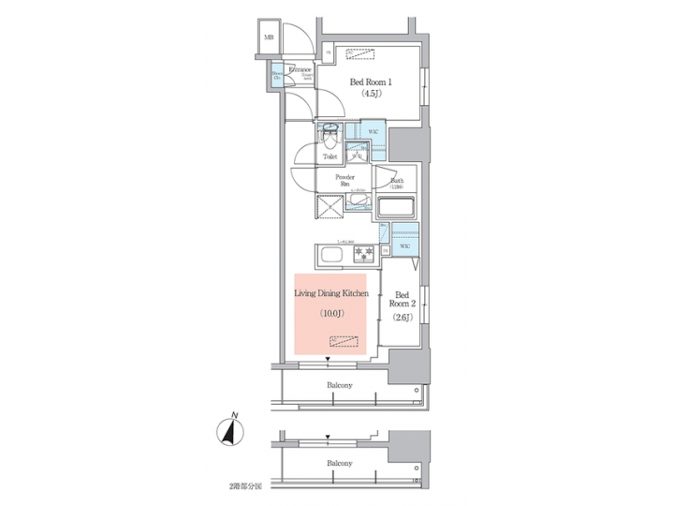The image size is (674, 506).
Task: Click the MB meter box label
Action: coord(269,38)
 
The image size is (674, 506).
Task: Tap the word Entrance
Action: coord(300,70)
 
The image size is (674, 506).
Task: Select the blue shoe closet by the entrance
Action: coord(277,77)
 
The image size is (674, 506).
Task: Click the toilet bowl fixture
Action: coord(330,137)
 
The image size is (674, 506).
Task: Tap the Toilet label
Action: coord(330,156)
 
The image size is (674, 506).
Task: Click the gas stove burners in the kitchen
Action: coord(363,254)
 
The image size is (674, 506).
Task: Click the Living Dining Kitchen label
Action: coord(331,294)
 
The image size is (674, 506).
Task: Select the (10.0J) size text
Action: coord(332,313)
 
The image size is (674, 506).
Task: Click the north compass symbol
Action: coord(231,430)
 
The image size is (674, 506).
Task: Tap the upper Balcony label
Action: coord(340,386)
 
